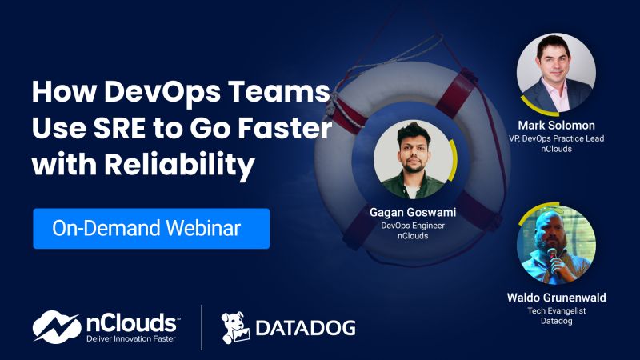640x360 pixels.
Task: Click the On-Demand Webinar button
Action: click(x=151, y=229)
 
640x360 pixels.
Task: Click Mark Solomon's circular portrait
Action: click(x=556, y=71)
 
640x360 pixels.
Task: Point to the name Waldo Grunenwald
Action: click(x=556, y=298)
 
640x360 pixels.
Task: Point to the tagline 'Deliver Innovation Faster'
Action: click(x=130, y=339)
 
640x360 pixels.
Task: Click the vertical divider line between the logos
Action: click(x=202, y=326)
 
